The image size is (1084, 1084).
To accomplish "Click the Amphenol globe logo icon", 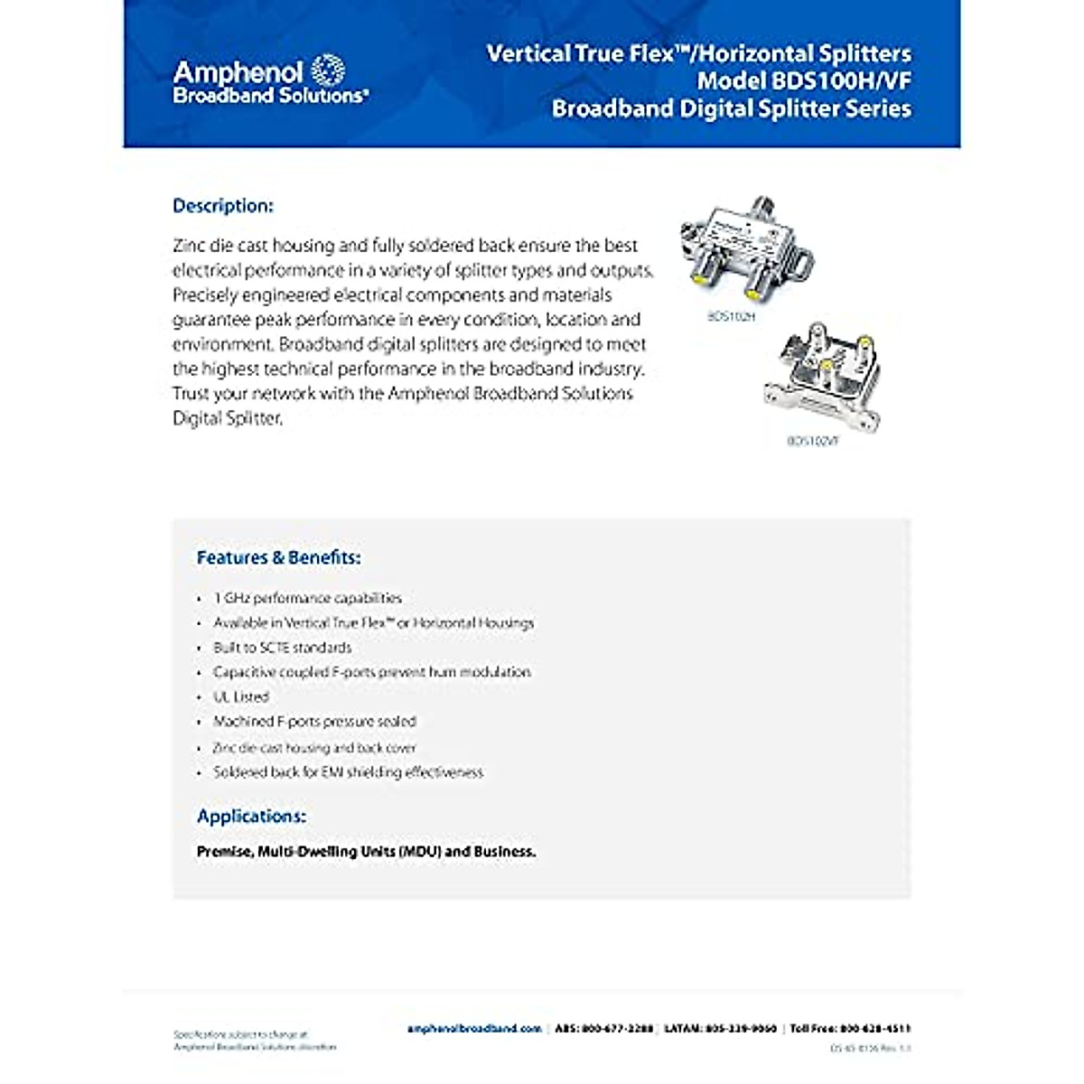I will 328,70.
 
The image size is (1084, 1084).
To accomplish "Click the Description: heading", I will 222,206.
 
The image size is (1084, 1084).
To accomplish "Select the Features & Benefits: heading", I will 278,557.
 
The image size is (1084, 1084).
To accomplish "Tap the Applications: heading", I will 251,816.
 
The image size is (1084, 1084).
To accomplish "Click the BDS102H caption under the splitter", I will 730,317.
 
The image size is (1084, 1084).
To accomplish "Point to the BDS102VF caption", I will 812,442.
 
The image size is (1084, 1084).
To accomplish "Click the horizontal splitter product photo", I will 745,248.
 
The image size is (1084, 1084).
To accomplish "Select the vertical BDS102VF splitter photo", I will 822,375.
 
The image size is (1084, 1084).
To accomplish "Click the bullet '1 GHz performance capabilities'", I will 307,598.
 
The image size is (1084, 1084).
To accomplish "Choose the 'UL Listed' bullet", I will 241,696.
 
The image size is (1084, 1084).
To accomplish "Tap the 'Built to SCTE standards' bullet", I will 282,648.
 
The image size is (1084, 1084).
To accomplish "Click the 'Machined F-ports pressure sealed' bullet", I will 314,721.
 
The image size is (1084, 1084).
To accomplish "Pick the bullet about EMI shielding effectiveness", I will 348,772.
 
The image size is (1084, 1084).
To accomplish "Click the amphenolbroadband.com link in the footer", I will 474,1028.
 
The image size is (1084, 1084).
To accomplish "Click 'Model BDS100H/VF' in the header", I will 804,80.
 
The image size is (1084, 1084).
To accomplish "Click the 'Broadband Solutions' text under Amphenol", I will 270,95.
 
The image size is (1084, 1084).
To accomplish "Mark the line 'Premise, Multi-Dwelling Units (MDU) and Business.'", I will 366,851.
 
